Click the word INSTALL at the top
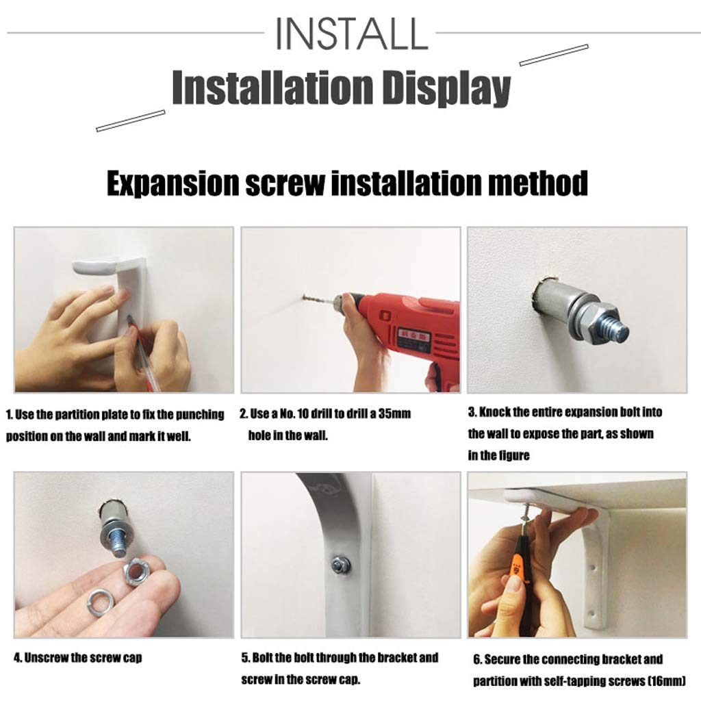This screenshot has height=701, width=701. tap(351, 34)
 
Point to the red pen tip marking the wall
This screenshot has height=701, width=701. tap(130, 319)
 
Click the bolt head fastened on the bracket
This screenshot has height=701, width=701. tap(341, 565)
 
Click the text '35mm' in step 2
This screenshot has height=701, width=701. tap(394, 413)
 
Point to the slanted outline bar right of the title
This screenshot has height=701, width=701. tap(553, 55)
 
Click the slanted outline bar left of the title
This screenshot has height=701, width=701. tap(131, 120)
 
